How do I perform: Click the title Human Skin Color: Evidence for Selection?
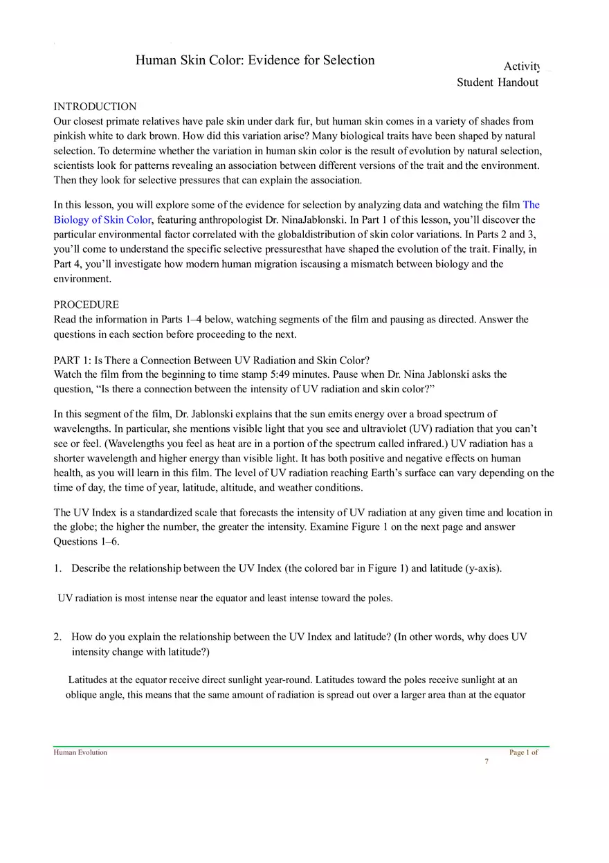click(255, 60)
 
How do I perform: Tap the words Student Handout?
click(497, 82)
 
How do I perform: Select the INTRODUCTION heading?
click(95, 107)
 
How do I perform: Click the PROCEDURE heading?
click(86, 305)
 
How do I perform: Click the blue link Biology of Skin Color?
click(102, 220)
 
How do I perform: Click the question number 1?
click(57, 568)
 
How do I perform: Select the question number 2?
click(57, 637)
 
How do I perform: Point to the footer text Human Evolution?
click(80, 752)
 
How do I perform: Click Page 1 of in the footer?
click(523, 752)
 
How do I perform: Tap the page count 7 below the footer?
click(487, 761)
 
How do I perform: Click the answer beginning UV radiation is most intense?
click(225, 598)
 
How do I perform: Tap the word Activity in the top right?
click(522, 66)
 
